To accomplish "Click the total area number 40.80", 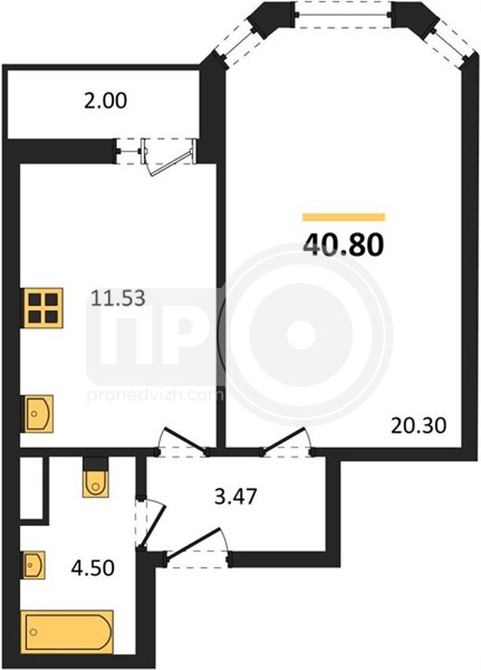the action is pyautogui.click(x=344, y=245).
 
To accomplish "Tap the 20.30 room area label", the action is pyautogui.click(x=418, y=425).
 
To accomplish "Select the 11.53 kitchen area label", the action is pyautogui.click(x=118, y=298).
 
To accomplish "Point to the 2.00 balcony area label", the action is pyautogui.click(x=105, y=100).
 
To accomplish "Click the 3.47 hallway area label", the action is pyautogui.click(x=236, y=497).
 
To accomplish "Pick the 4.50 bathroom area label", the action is pyautogui.click(x=93, y=568).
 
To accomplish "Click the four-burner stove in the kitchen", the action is pyautogui.click(x=43, y=307).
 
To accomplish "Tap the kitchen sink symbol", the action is pyautogui.click(x=38, y=414).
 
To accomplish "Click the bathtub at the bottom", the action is pyautogui.click(x=68, y=631).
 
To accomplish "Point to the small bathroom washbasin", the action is pyautogui.click(x=33, y=564).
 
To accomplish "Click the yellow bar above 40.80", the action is pyautogui.click(x=344, y=217).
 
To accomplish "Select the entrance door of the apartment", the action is pyautogui.click(x=196, y=542).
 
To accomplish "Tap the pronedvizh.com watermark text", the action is pyautogui.click(x=156, y=395).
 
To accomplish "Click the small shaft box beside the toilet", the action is pyautogui.click(x=32, y=487).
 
